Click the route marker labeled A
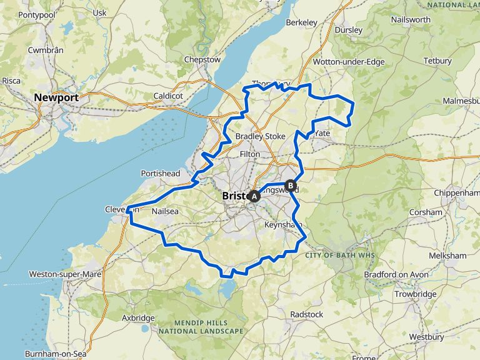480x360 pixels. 254,196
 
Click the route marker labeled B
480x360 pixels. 290,184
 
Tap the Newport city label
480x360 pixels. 56,97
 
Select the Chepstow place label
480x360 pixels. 202,59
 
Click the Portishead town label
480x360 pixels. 161,173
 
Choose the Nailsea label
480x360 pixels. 165,212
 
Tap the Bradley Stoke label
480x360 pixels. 260,136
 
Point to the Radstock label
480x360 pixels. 307,314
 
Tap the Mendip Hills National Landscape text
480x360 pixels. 200,326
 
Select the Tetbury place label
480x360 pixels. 437,61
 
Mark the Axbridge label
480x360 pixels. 137,317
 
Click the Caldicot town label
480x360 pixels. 168,96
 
